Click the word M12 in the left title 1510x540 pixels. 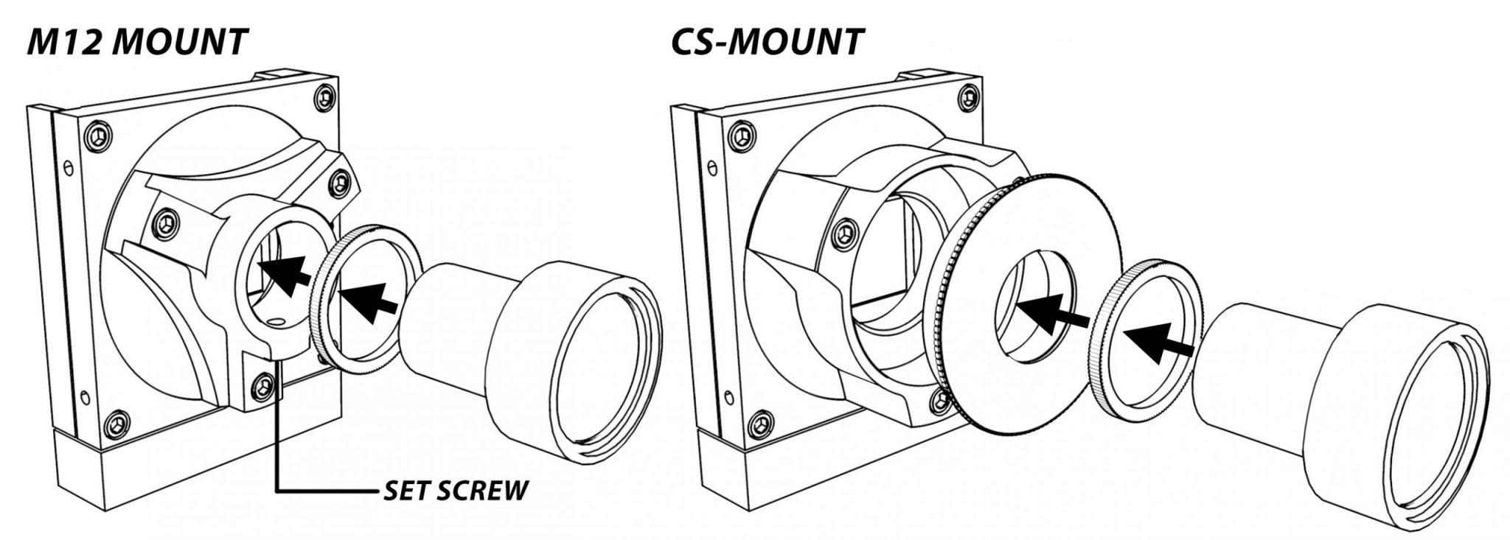[x=64, y=42]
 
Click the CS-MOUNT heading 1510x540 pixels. [x=767, y=42]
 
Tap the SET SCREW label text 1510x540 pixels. [x=456, y=490]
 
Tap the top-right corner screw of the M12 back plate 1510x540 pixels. [x=324, y=96]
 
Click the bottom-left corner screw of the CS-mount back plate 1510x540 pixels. [x=759, y=426]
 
